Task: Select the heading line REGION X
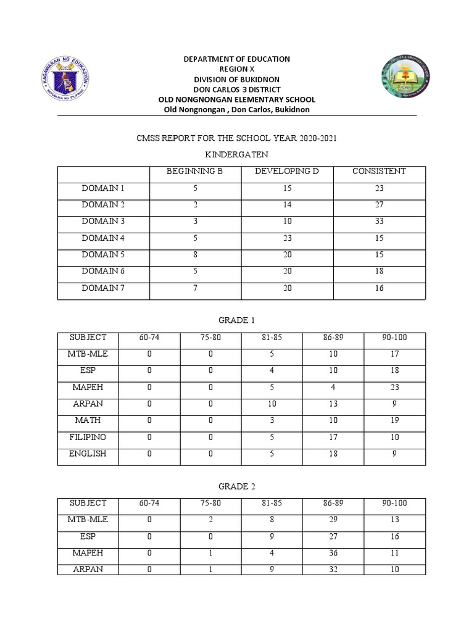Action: click(x=237, y=69)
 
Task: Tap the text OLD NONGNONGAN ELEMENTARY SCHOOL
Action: click(x=237, y=99)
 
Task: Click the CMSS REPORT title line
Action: click(x=237, y=139)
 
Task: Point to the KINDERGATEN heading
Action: click(x=237, y=156)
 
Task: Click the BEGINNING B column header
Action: click(x=194, y=172)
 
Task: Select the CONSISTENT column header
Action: click(x=379, y=172)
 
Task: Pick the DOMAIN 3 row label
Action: click(x=103, y=222)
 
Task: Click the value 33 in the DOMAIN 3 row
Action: click(x=379, y=222)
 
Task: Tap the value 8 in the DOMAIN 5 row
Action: click(x=194, y=255)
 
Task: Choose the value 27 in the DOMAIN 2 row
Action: click(x=379, y=205)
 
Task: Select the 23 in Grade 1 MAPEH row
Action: click(x=394, y=388)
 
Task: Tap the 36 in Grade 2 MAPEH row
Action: click(x=333, y=553)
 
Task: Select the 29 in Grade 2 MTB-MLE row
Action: click(x=333, y=520)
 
